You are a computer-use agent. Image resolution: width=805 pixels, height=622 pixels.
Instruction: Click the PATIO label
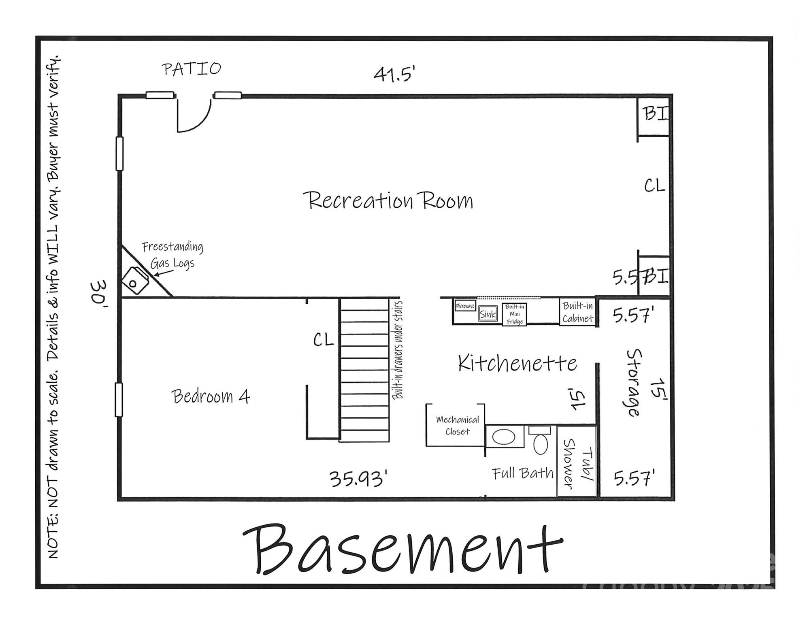pyautogui.click(x=192, y=69)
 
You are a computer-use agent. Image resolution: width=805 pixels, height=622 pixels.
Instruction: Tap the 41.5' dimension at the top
pyautogui.click(x=394, y=74)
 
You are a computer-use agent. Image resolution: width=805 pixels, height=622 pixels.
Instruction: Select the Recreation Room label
pyautogui.click(x=388, y=200)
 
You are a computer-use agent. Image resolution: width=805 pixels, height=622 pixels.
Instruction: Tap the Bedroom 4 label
pyautogui.click(x=211, y=396)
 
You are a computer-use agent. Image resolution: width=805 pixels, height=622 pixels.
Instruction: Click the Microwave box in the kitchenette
pyautogui.click(x=465, y=306)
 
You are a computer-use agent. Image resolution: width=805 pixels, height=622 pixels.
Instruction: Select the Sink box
pyautogui.click(x=488, y=314)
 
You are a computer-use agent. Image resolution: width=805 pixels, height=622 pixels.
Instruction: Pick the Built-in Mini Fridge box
pyautogui.click(x=515, y=314)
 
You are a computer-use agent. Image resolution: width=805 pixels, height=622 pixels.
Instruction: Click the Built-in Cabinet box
pyautogui.click(x=577, y=312)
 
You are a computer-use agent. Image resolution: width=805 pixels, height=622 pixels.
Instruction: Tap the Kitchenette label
pyautogui.click(x=517, y=363)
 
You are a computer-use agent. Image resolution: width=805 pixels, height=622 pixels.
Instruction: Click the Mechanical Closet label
pyautogui.click(x=457, y=426)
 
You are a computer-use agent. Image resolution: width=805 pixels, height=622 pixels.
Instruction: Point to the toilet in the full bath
pyautogui.click(x=540, y=441)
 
